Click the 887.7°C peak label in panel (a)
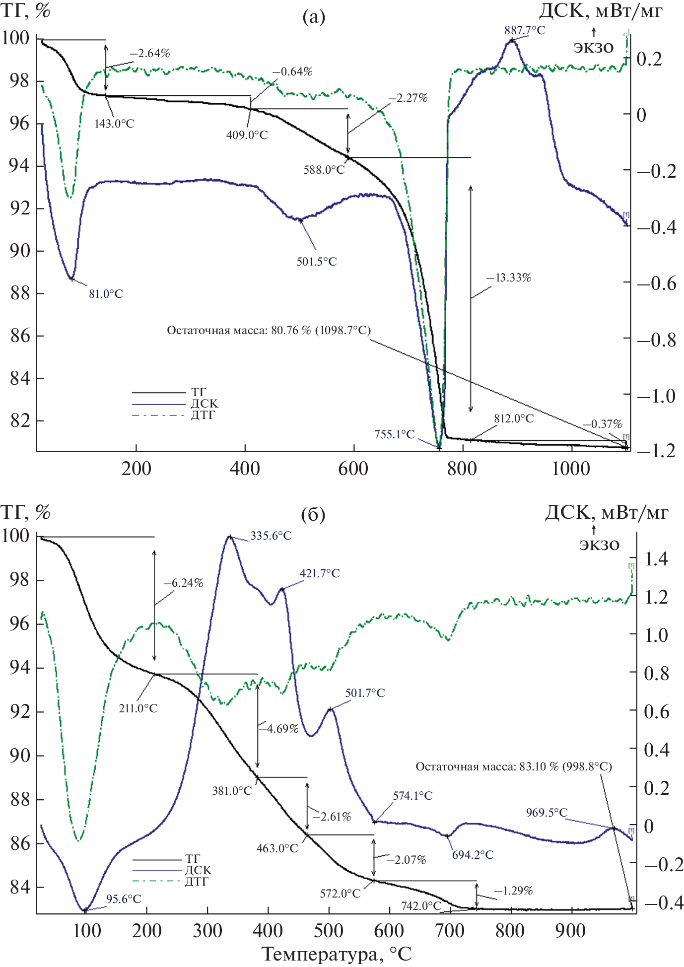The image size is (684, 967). [x=525, y=30]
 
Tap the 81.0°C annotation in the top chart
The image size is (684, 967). [x=106, y=294]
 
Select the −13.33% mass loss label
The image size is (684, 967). [x=509, y=278]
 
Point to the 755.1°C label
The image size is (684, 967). [x=394, y=434]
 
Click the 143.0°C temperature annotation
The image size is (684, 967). [x=114, y=124]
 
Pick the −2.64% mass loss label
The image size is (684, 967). [x=150, y=53]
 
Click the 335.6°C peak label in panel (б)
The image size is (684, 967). [x=271, y=536]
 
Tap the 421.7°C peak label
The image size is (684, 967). [x=320, y=573]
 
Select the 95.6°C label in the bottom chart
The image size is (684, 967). [x=124, y=899]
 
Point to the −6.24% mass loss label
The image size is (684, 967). [x=183, y=583]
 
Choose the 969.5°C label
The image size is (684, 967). [x=547, y=813]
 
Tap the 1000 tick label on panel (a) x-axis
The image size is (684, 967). [x=571, y=469]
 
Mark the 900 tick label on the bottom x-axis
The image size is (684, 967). [x=571, y=931]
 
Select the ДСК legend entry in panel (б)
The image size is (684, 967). [x=198, y=870]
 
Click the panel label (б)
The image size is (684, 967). [x=313, y=515]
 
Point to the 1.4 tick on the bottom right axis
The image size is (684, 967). [x=656, y=559]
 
